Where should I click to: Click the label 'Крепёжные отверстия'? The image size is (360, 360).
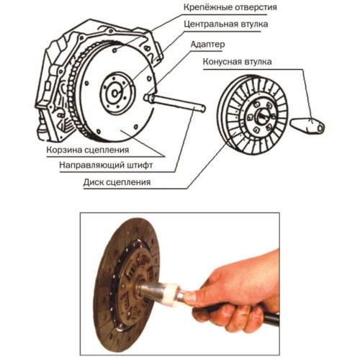pos(230,7)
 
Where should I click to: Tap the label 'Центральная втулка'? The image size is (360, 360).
pos(226,24)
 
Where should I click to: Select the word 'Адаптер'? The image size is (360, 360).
pos(208,45)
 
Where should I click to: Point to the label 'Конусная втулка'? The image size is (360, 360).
pos(238,62)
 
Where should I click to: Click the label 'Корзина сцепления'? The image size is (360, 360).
pos(88,150)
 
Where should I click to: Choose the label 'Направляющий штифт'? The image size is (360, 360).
pos(106,166)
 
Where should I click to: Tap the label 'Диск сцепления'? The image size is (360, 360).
pos(117,182)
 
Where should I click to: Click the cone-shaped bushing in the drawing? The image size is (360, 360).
pos(307,125)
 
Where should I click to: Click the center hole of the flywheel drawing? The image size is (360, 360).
pos(115,93)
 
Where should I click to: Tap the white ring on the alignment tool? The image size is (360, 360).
pos(172,294)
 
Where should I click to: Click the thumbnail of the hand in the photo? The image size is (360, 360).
pos(190,298)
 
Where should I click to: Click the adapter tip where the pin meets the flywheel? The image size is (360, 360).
pos(148,98)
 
